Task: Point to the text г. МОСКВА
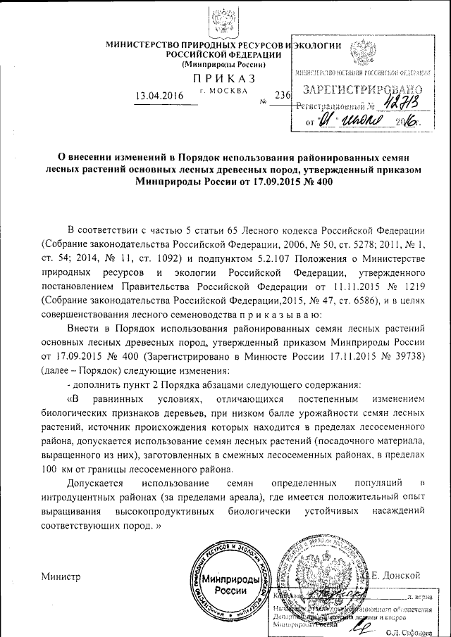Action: [x=224, y=92]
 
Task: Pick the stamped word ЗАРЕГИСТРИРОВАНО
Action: [x=362, y=91]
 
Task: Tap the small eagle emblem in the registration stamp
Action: [x=362, y=53]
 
